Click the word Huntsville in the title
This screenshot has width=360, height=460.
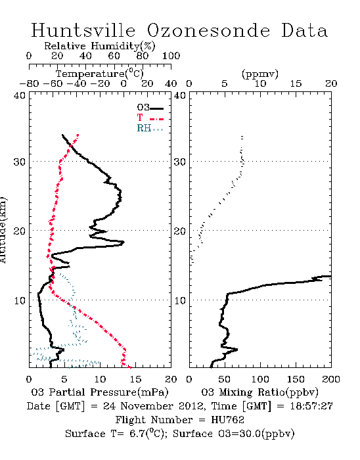(x=83, y=30)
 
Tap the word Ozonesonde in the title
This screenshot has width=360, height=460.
(x=208, y=30)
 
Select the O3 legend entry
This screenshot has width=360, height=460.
(x=150, y=108)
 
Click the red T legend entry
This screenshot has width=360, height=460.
(x=150, y=118)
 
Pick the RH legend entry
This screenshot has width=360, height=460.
(x=150, y=128)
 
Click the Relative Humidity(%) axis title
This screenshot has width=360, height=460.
(x=100, y=46)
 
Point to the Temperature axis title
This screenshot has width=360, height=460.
(x=100, y=74)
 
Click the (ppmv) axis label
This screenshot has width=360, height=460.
(x=260, y=74)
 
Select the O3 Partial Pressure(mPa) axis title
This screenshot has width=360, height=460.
(x=100, y=392)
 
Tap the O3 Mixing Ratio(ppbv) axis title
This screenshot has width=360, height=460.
(x=259, y=392)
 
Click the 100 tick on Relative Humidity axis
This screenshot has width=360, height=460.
(x=171, y=56)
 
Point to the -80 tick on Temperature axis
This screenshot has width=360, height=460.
(x=29, y=83)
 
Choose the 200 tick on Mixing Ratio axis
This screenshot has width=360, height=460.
(x=331, y=379)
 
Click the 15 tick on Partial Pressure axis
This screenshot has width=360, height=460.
(x=135, y=379)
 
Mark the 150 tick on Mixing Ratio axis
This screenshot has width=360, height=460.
(x=296, y=379)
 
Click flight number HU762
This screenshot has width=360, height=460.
(x=227, y=420)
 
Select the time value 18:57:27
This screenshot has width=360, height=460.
(x=311, y=406)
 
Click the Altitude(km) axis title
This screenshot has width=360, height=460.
(x=3, y=230)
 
